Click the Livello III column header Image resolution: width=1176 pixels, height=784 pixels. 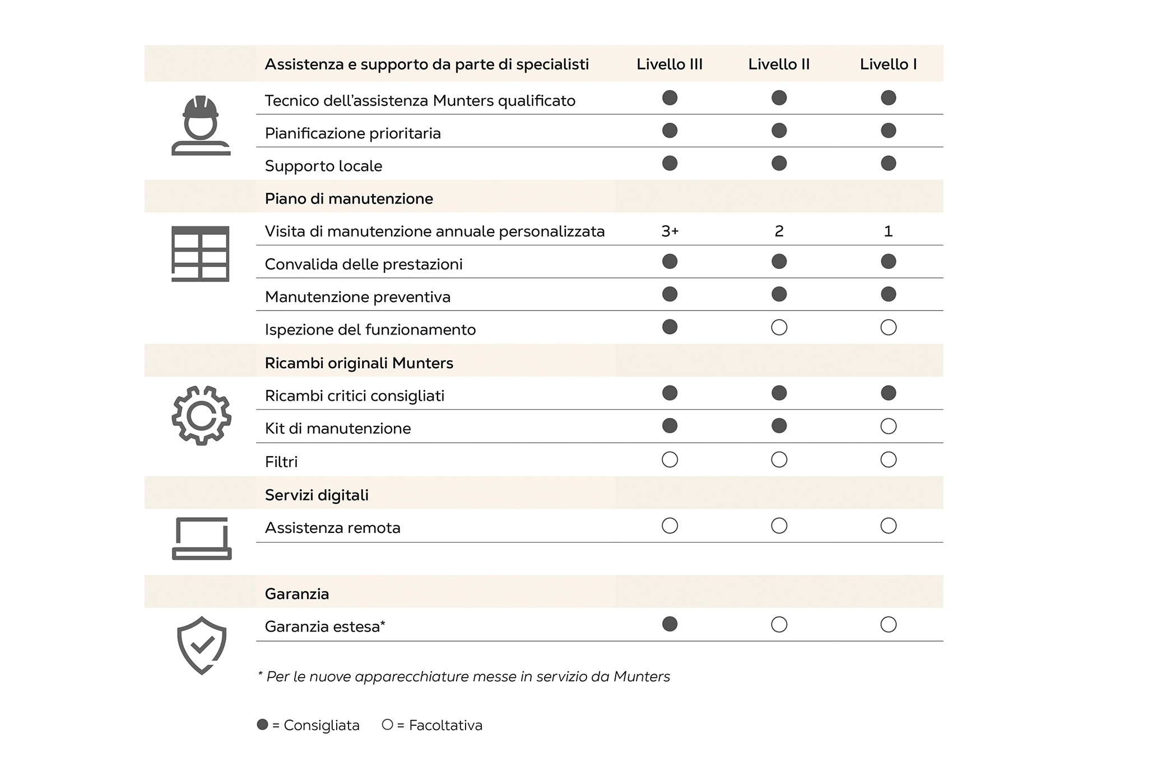[669, 64]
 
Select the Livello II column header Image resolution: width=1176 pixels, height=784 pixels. [779, 64]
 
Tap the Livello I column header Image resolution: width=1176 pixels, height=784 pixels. [888, 64]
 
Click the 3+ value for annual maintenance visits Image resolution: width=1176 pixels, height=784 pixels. [670, 231]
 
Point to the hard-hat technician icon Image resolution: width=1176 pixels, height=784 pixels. [201, 126]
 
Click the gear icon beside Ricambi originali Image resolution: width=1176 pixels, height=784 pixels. [201, 415]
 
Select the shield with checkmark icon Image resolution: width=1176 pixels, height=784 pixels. [202, 645]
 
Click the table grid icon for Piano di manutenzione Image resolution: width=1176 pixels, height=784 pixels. [200, 254]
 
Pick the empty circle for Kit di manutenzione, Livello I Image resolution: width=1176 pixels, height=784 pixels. [888, 426]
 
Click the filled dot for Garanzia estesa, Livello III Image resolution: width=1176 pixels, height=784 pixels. [670, 624]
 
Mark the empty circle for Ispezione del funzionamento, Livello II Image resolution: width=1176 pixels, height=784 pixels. [779, 328]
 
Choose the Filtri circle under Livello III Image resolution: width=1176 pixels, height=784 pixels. [670, 460]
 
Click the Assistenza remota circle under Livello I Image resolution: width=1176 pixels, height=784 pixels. [888, 526]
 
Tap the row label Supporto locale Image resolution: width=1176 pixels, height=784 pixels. [323, 166]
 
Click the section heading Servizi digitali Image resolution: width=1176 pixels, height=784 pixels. [317, 495]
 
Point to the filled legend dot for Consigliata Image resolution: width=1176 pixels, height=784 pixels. [262, 725]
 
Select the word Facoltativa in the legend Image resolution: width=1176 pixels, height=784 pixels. [445, 726]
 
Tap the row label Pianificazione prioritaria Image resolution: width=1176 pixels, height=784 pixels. [352, 133]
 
